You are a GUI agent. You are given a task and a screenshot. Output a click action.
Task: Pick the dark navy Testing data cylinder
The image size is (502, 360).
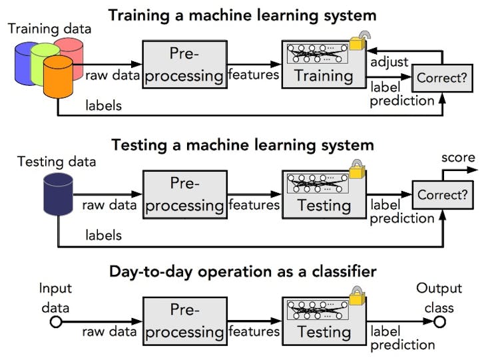click(58, 192)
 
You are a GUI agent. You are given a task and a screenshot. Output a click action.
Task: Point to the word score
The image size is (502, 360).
click(458, 158)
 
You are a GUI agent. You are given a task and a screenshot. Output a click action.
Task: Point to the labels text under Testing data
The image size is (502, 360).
click(104, 234)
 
